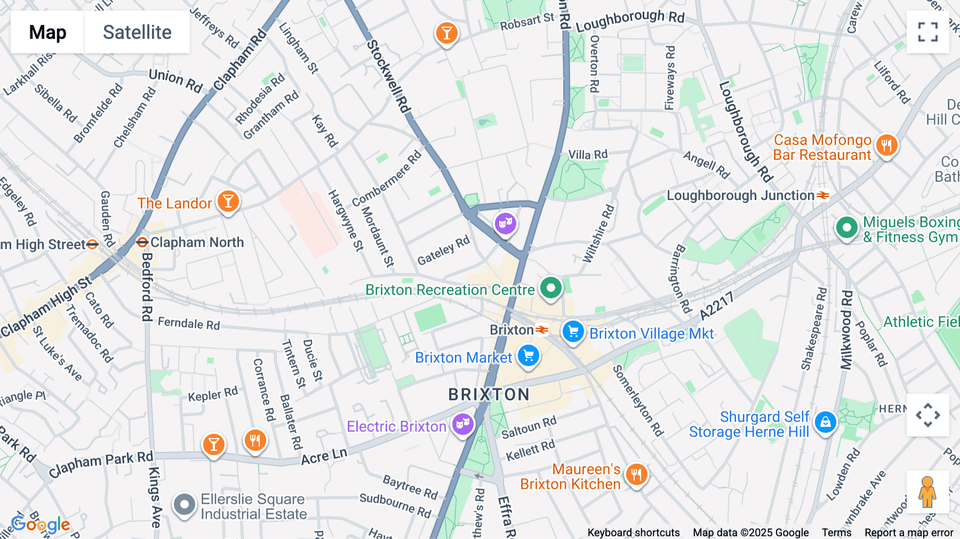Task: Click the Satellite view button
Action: click(137, 33)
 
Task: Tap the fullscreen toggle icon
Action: click(927, 32)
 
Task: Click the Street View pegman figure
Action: click(927, 492)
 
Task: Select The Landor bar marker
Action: click(228, 202)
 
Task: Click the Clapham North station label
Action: click(196, 242)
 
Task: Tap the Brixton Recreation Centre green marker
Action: click(551, 288)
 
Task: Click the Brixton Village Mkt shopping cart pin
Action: click(573, 332)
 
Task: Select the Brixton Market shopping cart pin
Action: click(529, 356)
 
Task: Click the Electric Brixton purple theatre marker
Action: click(463, 425)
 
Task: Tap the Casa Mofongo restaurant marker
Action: click(886, 145)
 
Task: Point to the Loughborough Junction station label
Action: click(740, 195)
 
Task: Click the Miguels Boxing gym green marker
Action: click(846, 228)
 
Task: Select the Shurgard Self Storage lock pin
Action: click(826, 422)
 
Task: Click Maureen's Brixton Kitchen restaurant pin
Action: click(636, 474)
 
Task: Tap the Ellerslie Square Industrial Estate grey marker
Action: click(185, 504)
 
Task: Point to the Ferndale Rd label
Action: click(189, 323)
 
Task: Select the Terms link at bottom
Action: click(836, 532)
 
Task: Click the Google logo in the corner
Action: click(41, 525)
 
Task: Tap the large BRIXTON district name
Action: click(489, 394)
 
